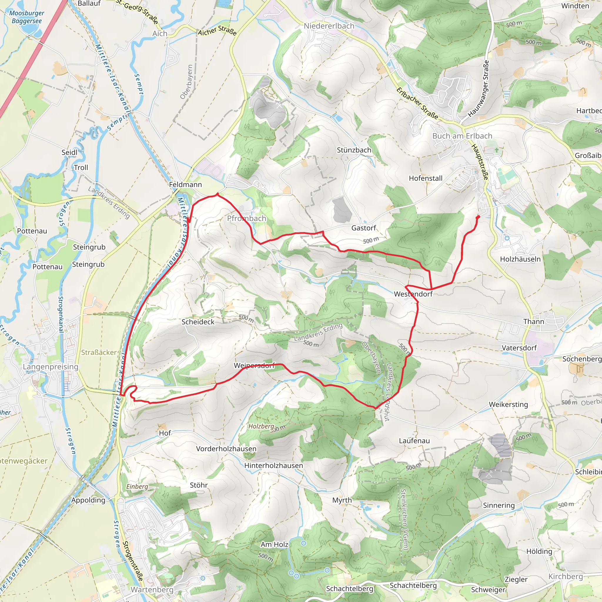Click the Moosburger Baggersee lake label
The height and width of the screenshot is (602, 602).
[26, 17]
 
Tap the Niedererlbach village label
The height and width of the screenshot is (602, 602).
[329, 26]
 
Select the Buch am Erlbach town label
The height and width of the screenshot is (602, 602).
[462, 136]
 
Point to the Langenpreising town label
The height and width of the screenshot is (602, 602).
[51, 367]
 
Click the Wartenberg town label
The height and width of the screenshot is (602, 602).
[152, 590]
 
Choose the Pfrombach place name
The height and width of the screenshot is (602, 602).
[246, 218]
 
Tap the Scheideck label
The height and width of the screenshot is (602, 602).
[198, 322]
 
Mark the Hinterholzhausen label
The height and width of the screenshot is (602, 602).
[273, 465]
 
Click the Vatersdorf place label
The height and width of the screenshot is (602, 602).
[519, 348]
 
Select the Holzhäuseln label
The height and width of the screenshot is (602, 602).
[520, 259]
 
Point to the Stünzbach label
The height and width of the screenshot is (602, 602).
[354, 150]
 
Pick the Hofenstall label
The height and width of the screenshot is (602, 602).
[426, 178]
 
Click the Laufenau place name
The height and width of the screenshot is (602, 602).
[414, 441]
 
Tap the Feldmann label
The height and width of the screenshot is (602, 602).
[185, 185]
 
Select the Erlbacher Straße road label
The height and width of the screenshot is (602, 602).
[417, 103]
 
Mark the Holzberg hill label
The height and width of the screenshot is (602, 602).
[261, 426]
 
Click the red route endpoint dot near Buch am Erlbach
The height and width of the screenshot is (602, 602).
[478, 217]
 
